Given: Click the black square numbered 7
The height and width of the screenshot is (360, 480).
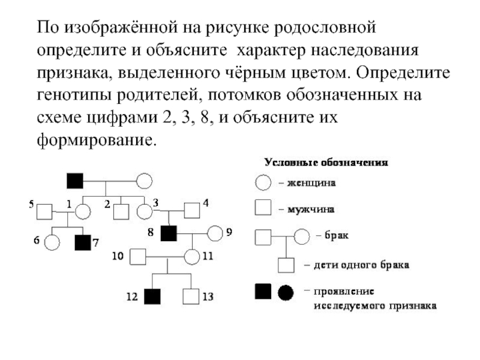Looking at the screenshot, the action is pos(82,242).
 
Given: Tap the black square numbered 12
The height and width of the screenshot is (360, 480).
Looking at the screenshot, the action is pos(153,296).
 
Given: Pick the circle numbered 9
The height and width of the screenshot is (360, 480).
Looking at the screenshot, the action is pos(215,232).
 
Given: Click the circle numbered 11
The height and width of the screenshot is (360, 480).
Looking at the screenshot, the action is pos(192,257).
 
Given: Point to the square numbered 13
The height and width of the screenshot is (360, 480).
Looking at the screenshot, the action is pos(191,296).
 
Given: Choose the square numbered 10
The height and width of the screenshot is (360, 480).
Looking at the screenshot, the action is pos(139,257).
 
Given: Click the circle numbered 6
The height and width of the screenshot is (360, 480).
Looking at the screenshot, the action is pos(52,242).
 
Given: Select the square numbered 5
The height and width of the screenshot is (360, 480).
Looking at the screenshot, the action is pos(44,211).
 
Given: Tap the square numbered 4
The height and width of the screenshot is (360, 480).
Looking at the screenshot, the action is pos(191,211).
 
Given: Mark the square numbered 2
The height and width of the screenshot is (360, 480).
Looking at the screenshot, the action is pos(121,211).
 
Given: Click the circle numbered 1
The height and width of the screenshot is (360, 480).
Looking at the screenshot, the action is pos(82,211).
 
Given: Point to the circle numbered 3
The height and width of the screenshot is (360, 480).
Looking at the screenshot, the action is pos(144,211).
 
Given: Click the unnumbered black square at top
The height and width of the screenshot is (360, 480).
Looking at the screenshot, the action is pos(74,180).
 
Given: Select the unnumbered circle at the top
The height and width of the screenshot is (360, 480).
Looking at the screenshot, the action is pos(145,180).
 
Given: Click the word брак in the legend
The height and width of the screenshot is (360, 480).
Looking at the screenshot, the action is pos(337,236).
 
